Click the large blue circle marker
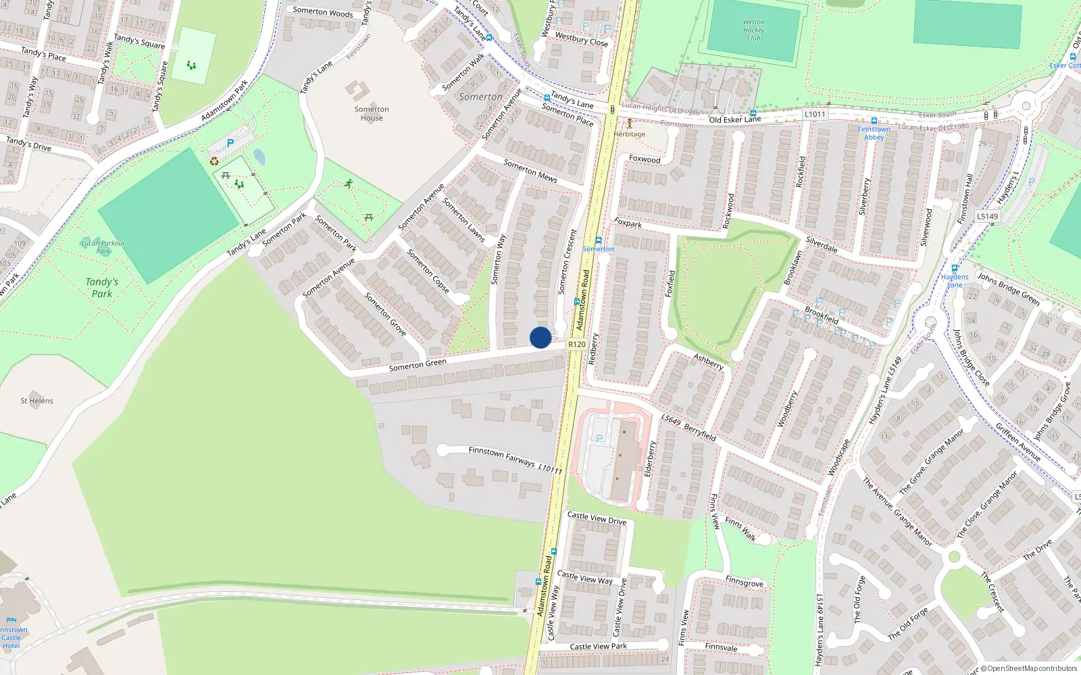540,337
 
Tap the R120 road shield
576,344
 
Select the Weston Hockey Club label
753,30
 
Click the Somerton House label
372,113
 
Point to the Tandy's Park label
102,288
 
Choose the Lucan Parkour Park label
103,246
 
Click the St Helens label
36,401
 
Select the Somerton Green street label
418,365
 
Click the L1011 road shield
815,114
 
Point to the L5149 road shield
987,217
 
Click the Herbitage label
629,134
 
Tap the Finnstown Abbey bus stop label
874,133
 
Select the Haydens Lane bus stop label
955,281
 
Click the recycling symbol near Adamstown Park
214,161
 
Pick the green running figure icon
349,184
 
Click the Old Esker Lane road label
734,119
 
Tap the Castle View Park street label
598,647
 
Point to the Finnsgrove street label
744,582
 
